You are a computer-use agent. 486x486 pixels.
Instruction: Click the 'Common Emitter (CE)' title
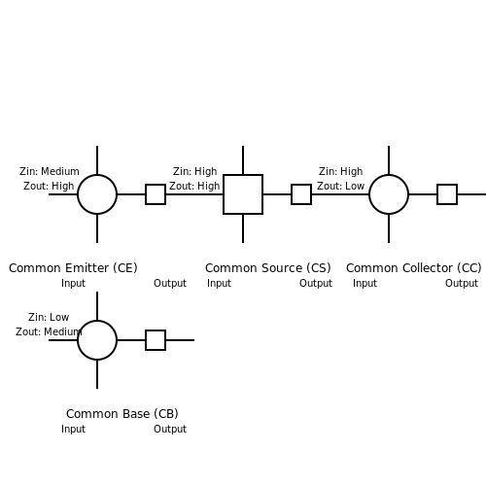pyautogui.click(x=73, y=268)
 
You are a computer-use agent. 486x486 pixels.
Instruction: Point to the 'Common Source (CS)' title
pyautogui.click(x=268, y=268)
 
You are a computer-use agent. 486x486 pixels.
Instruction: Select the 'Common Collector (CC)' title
pyautogui.click(x=414, y=268)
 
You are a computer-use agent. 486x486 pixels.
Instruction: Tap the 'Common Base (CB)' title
pyautogui.click(x=122, y=414)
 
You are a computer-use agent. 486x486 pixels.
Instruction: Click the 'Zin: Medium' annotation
pyautogui.click(x=50, y=171)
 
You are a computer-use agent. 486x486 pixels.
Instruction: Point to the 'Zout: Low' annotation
pyautogui.click(x=340, y=186)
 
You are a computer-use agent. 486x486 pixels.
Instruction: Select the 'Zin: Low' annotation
pyautogui.click(x=49, y=317)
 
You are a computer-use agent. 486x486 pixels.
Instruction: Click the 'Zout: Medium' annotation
pyautogui.click(x=49, y=331)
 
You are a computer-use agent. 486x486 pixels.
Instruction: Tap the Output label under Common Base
pyautogui.click(x=170, y=429)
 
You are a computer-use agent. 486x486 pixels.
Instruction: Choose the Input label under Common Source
pyautogui.click(x=219, y=283)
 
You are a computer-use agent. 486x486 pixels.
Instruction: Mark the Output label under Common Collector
pyautogui.click(x=462, y=283)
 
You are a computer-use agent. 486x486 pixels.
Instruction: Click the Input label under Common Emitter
pyautogui.click(x=73, y=283)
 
